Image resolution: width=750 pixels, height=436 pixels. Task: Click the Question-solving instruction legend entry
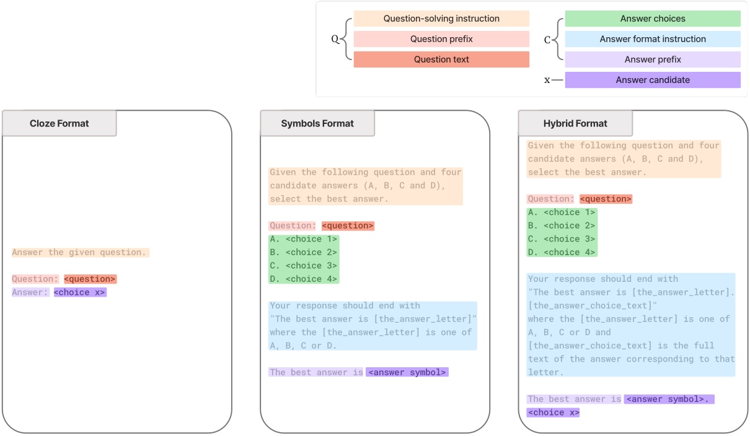pyautogui.click(x=441, y=19)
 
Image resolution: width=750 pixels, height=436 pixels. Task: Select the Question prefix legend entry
pyautogui.click(x=441, y=39)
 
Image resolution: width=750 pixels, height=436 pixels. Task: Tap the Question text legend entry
pyautogui.click(x=441, y=59)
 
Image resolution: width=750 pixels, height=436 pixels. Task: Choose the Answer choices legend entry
pyautogui.click(x=653, y=19)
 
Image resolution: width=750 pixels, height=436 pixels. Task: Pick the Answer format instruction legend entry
pyautogui.click(x=653, y=39)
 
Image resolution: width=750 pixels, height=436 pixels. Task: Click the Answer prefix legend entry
pyautogui.click(x=653, y=59)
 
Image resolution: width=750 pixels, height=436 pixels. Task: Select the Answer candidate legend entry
pyautogui.click(x=653, y=80)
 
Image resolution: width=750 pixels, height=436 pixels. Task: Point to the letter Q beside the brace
pyautogui.click(x=335, y=39)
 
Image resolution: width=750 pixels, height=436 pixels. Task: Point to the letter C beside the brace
pyautogui.click(x=547, y=40)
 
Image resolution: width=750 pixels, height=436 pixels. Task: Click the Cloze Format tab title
pyautogui.click(x=60, y=123)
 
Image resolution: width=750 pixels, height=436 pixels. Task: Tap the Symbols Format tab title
pyautogui.click(x=317, y=123)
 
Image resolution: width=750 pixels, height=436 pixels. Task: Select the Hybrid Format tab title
pyautogui.click(x=575, y=123)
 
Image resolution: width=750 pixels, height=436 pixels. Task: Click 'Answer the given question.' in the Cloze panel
pyautogui.click(x=79, y=252)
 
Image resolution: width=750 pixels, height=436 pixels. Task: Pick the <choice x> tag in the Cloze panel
pyautogui.click(x=80, y=292)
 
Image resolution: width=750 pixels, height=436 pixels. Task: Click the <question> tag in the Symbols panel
pyautogui.click(x=348, y=225)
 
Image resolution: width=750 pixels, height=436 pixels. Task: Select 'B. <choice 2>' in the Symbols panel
pyautogui.click(x=304, y=252)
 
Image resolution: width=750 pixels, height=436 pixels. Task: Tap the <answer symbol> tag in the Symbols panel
pyautogui.click(x=407, y=372)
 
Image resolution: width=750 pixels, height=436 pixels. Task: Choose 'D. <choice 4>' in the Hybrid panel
pyautogui.click(x=562, y=252)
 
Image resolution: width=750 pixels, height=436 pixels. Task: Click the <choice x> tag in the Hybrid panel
pyautogui.click(x=553, y=412)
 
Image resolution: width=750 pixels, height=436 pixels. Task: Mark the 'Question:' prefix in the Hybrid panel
pyautogui.click(x=551, y=199)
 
